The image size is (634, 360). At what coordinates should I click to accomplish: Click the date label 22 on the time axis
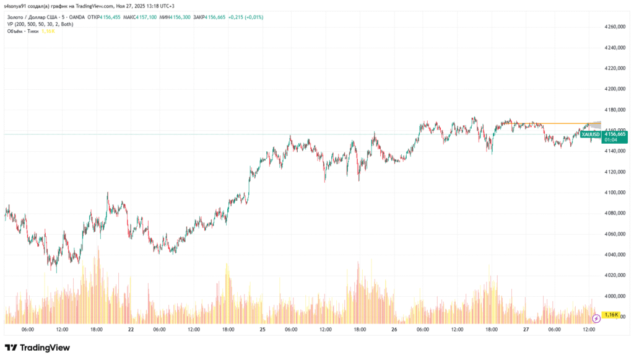click(131, 330)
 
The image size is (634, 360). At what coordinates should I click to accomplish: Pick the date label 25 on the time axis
click(263, 330)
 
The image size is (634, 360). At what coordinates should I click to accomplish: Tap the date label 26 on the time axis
click(395, 330)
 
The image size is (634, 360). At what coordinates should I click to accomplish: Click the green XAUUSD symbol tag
click(591, 134)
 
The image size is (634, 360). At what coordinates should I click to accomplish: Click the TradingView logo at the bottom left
click(37, 348)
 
